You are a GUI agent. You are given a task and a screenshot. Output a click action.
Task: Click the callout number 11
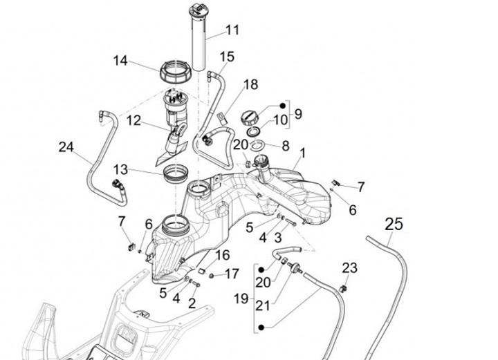[x=232, y=30]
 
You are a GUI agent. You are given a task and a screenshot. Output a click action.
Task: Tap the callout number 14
[x=120, y=60]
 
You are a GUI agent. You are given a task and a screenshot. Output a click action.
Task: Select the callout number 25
[x=394, y=225]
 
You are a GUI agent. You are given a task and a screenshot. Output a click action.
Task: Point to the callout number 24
[x=66, y=147]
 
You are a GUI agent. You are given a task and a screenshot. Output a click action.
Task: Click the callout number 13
[x=120, y=170]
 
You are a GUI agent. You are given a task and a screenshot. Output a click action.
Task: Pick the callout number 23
[x=350, y=268]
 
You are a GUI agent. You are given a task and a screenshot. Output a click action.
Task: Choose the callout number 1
[x=303, y=153]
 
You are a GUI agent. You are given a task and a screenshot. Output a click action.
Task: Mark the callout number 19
[x=241, y=299]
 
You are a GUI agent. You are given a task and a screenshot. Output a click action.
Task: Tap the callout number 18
[x=251, y=85]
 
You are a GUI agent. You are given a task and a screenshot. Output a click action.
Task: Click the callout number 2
[x=192, y=303]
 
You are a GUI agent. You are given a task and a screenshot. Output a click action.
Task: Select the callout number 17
[x=232, y=274]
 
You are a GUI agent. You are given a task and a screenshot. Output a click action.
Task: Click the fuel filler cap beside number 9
[x=250, y=117]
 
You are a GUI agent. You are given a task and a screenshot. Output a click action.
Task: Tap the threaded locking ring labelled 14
[x=176, y=72]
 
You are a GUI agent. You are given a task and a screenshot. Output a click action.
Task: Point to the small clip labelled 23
[x=342, y=289]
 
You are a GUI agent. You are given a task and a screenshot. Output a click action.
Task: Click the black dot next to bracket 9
[x=283, y=106]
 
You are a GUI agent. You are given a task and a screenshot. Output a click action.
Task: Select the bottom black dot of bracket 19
[x=261, y=328]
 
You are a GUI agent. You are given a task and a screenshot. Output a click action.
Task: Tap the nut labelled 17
[x=211, y=276]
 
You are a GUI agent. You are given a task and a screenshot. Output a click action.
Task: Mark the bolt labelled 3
[x=290, y=222]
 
